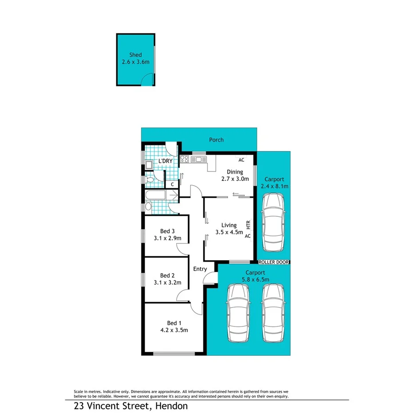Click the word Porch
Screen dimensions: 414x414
tap(216, 140)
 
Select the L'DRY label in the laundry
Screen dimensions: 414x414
tap(165, 161)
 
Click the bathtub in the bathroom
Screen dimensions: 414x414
tap(155, 195)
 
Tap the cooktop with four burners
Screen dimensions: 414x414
tap(185, 159)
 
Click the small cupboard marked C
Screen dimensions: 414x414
tap(172, 184)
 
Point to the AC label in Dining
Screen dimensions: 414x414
tap(241, 160)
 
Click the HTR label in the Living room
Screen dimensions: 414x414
tap(248, 225)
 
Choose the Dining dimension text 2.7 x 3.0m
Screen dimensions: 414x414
tap(235, 179)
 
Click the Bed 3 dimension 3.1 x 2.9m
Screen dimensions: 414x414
tap(167, 238)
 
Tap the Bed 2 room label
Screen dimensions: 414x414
tap(167, 275)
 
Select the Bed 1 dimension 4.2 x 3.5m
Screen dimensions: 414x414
tap(174, 330)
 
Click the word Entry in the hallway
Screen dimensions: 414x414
tap(200, 269)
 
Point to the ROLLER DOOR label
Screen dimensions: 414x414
tap(274, 263)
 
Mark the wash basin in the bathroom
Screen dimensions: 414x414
tap(148, 207)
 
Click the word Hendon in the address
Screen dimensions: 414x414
tap(171, 406)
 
